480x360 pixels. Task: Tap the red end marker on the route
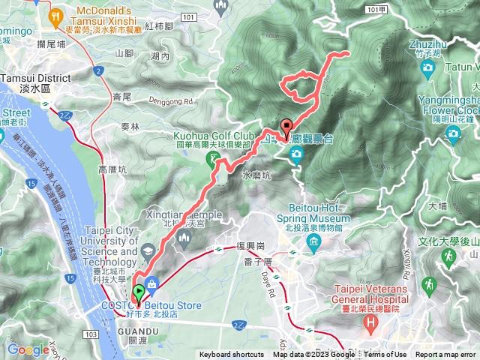click(x=286, y=127)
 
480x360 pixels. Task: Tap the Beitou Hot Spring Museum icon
click(x=311, y=241)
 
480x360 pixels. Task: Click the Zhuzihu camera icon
click(x=427, y=67)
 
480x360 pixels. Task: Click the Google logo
click(x=28, y=349)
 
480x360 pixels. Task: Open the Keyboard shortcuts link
click(x=231, y=355)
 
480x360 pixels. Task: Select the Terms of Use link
click(x=385, y=355)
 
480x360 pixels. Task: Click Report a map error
click(x=445, y=355)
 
